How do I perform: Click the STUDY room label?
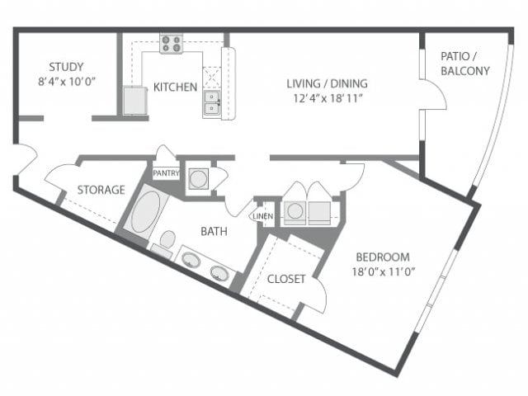(x=67, y=67)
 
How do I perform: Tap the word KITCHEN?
(x=175, y=87)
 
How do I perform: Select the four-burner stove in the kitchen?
(x=172, y=44)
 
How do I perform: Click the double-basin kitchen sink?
(x=211, y=102)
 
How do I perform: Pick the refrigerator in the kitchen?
(x=134, y=101)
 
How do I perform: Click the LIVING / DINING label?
(x=327, y=83)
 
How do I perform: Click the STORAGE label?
(x=101, y=190)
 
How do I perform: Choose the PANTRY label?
(x=166, y=173)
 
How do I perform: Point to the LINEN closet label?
(x=262, y=215)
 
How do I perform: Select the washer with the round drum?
(x=295, y=211)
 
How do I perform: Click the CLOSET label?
(x=285, y=279)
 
